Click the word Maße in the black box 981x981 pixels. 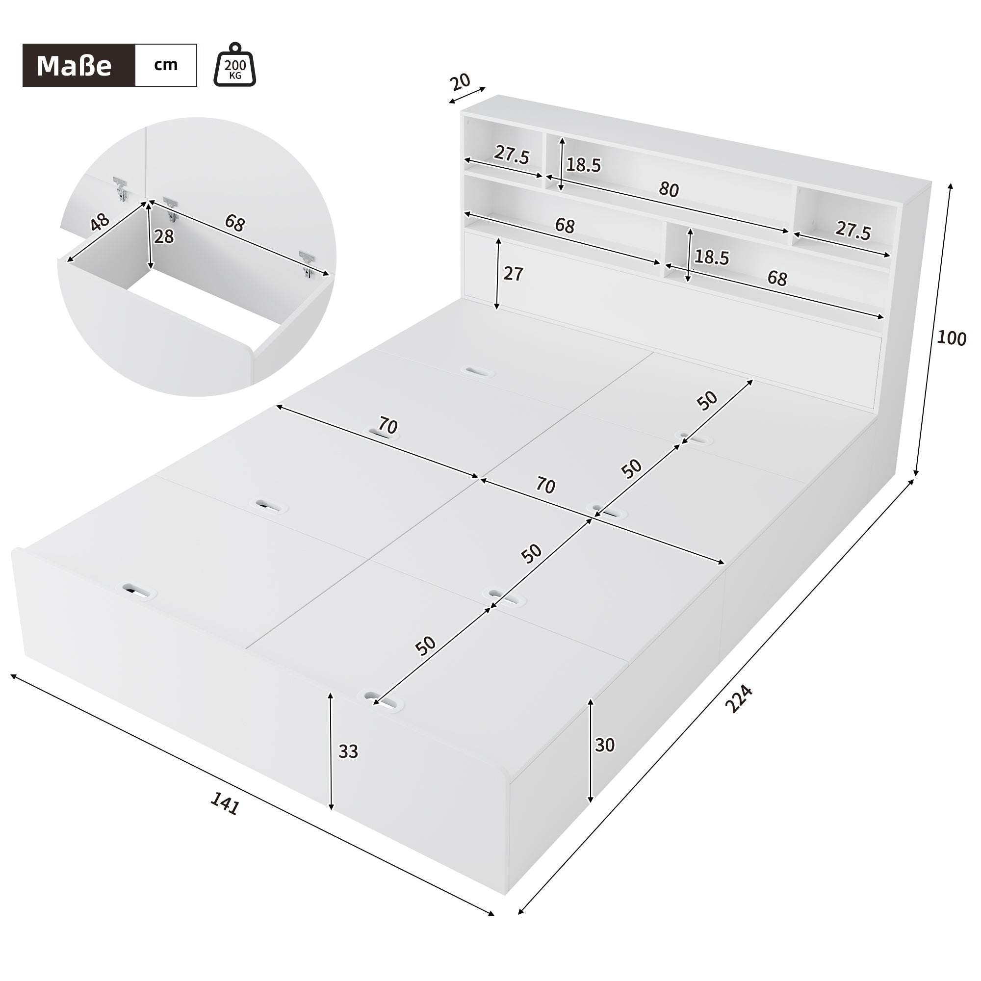point(74,66)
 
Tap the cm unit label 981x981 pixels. point(166,65)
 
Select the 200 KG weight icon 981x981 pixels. point(234,66)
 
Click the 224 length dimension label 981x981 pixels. point(738,698)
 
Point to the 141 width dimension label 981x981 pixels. point(225,804)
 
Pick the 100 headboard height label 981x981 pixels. point(951,337)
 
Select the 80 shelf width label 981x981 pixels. point(669,189)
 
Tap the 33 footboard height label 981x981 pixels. point(348,751)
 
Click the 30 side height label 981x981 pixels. point(605,745)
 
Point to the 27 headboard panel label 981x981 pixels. point(513,274)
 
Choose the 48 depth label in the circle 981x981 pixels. point(100,222)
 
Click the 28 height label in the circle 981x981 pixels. point(163,236)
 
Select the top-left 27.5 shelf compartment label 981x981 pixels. point(512,155)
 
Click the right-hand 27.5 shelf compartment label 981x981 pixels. point(853,231)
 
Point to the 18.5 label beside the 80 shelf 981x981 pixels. point(583,165)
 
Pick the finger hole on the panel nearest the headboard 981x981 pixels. point(477,372)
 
